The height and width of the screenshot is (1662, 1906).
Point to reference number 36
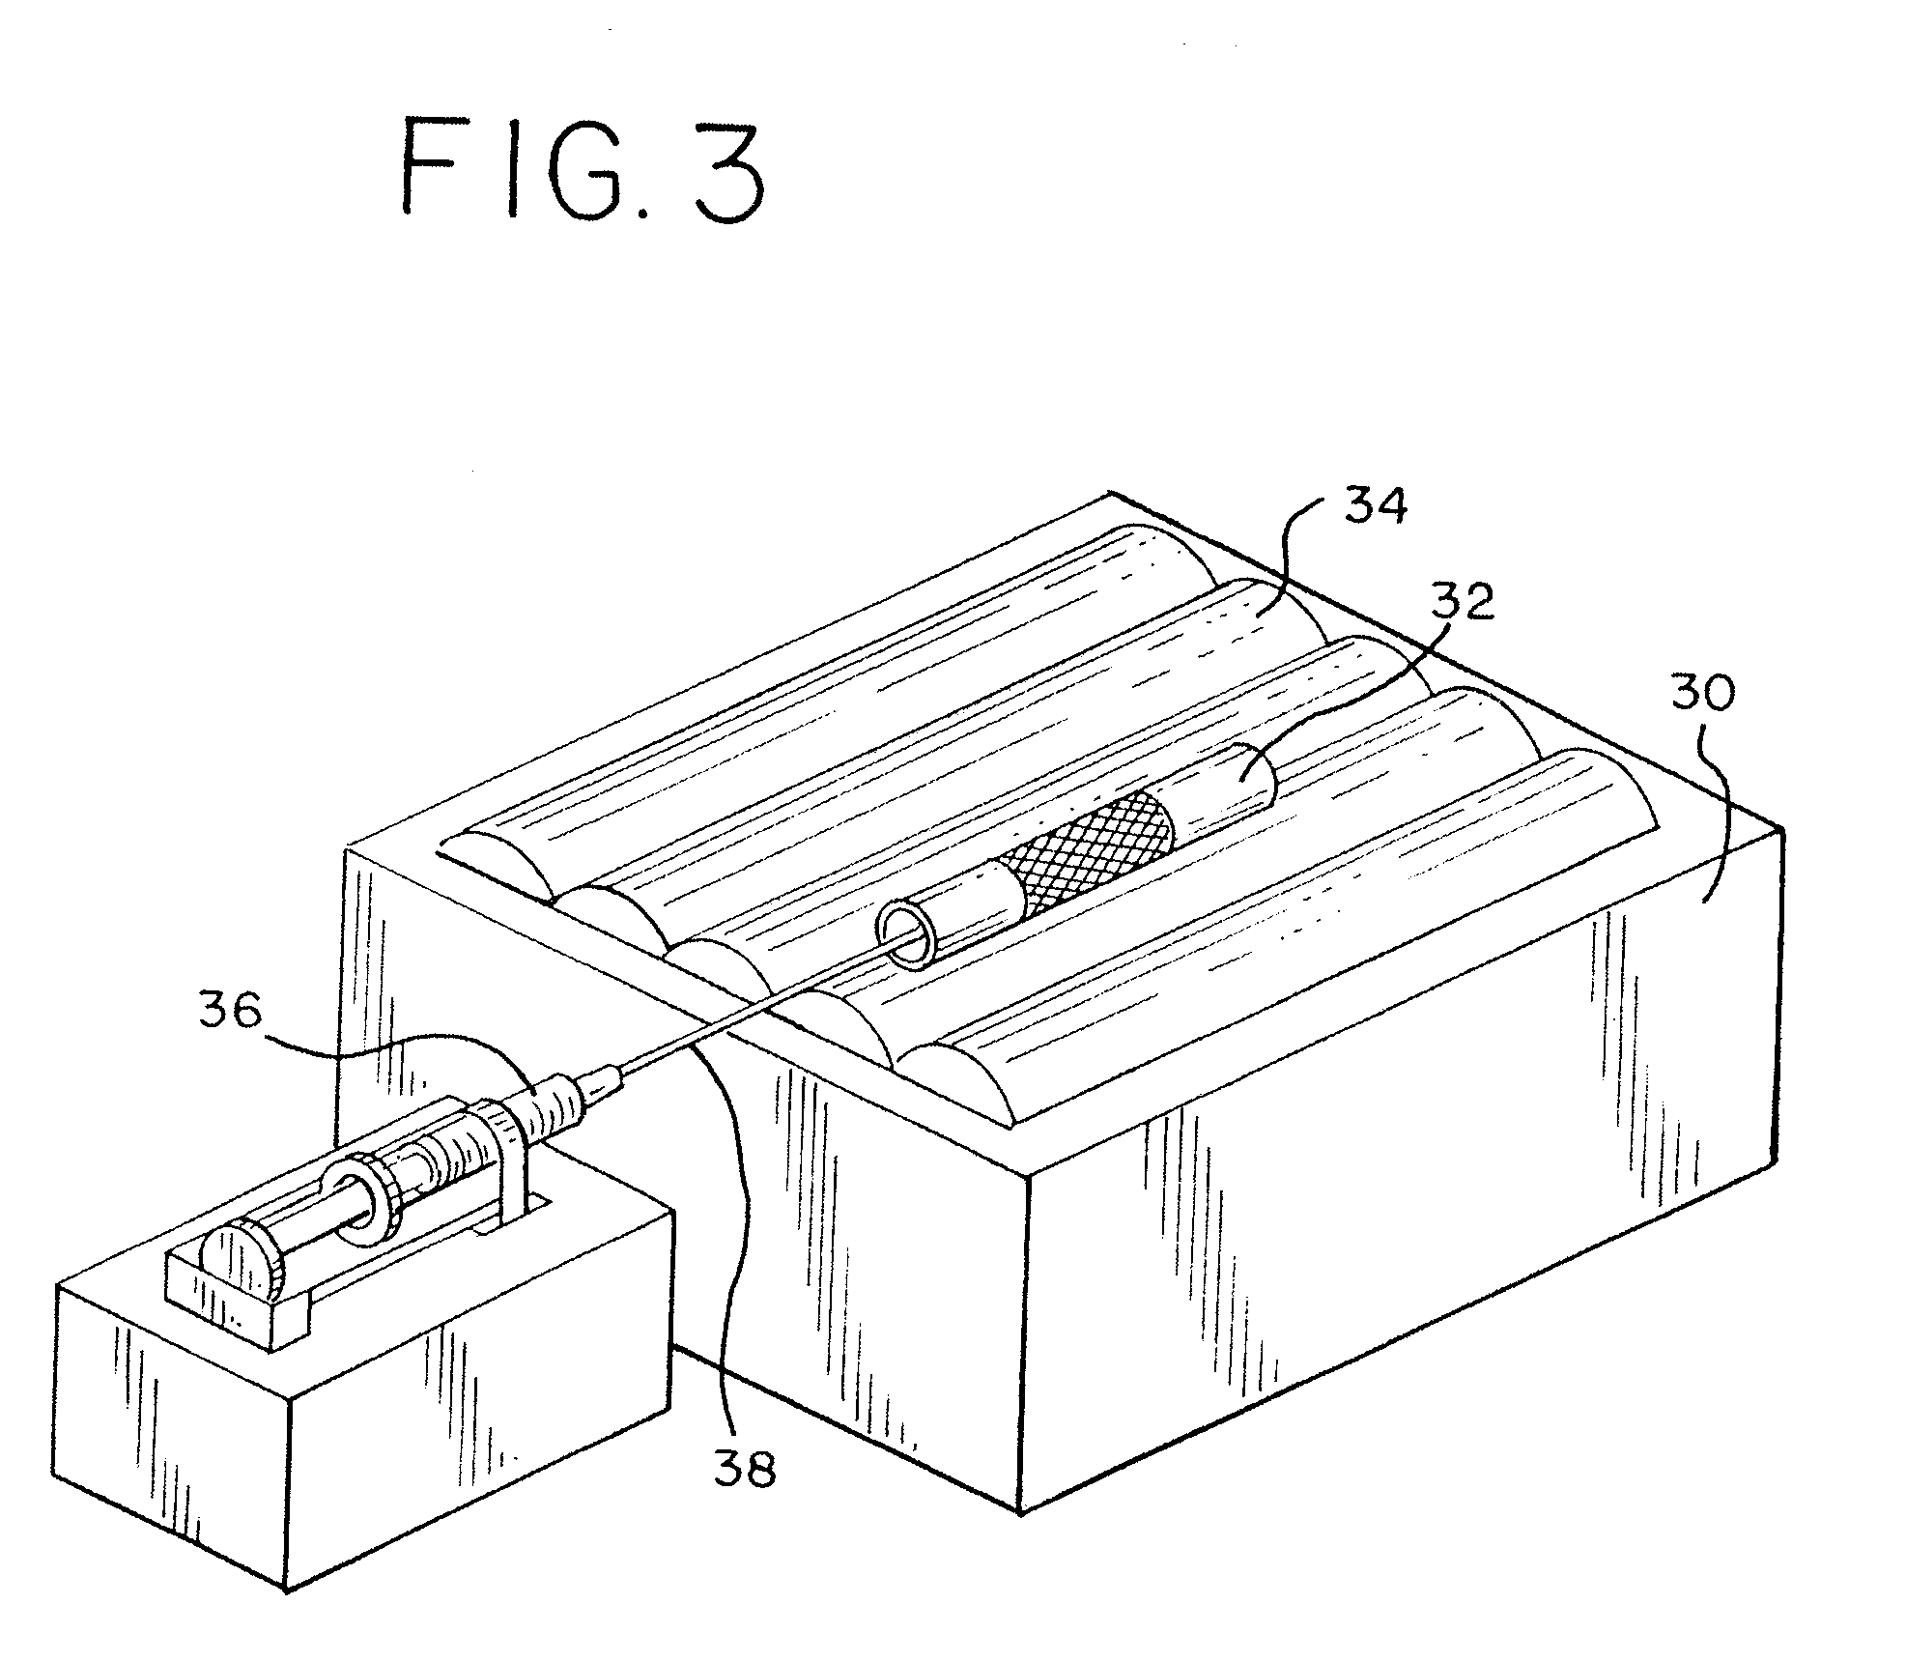[x=230, y=1012]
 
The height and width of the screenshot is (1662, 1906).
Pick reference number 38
[x=744, y=1470]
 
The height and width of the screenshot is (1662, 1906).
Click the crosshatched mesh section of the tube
[x=1088, y=851]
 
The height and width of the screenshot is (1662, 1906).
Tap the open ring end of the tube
[x=907, y=933]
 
